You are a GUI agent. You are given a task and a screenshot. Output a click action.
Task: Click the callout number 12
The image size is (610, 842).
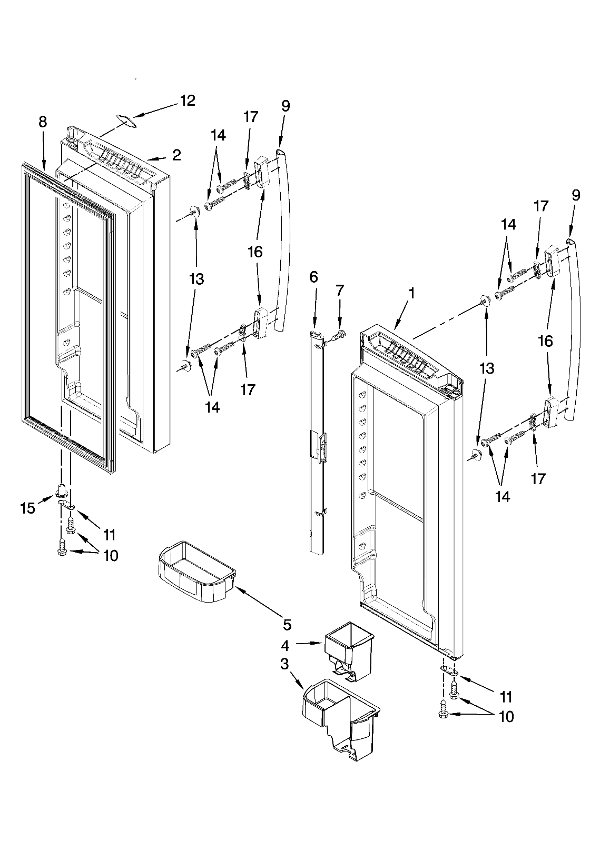pyautogui.click(x=188, y=101)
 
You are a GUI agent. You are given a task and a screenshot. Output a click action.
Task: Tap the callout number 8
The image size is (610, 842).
pyautogui.click(x=43, y=122)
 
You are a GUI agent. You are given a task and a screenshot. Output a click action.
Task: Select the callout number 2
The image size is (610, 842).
pyautogui.click(x=177, y=155)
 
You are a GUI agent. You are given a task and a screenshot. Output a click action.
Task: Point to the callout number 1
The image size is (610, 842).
pyautogui.click(x=412, y=293)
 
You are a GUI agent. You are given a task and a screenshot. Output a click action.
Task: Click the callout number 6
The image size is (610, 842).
pyautogui.click(x=313, y=277)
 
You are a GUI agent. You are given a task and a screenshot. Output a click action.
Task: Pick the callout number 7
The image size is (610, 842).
pyautogui.click(x=340, y=290)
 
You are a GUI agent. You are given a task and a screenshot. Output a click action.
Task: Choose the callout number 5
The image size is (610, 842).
pyautogui.click(x=287, y=625)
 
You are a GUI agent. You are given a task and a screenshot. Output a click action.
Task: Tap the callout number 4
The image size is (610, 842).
pyautogui.click(x=285, y=645)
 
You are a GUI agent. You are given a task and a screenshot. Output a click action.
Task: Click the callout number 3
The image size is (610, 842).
pyautogui.click(x=284, y=664)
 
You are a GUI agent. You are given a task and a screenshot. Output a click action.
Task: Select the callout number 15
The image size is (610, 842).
pyautogui.click(x=28, y=508)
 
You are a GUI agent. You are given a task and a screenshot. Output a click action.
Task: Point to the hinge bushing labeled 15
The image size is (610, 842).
pyautogui.click(x=61, y=490)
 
